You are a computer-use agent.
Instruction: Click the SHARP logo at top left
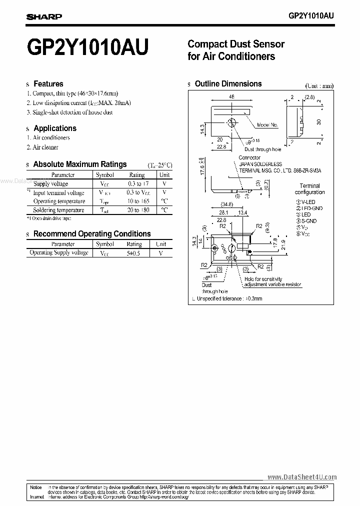pos(44,16)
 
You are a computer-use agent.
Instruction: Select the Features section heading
pos(48,84)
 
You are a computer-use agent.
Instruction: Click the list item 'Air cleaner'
pos(45,147)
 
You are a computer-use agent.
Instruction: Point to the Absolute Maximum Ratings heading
pos(79,164)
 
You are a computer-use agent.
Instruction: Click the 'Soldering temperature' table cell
pos(58,210)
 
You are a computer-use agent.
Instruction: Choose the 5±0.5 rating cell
pos(134,253)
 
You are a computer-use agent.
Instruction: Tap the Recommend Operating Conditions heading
pos(91,233)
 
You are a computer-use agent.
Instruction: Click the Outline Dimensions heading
pos(228,84)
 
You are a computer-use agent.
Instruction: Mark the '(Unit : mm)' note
pos(319,85)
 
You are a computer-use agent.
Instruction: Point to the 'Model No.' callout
pos(268,124)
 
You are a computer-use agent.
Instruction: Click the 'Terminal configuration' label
pos(309,189)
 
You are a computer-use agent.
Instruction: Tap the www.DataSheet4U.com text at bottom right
pos(302,477)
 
